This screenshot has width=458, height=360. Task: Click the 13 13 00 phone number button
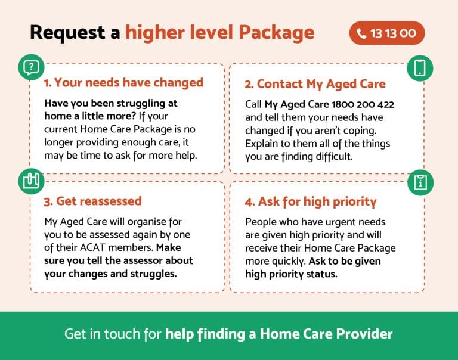point(387,33)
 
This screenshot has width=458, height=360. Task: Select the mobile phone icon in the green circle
point(420,67)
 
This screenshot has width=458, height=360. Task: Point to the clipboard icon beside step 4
point(420,182)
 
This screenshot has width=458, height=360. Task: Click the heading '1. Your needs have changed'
point(123,82)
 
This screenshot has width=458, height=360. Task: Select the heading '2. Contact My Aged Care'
point(315,83)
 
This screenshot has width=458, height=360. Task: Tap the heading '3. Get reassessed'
point(92,201)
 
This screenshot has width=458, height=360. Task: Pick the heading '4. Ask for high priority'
point(311,201)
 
